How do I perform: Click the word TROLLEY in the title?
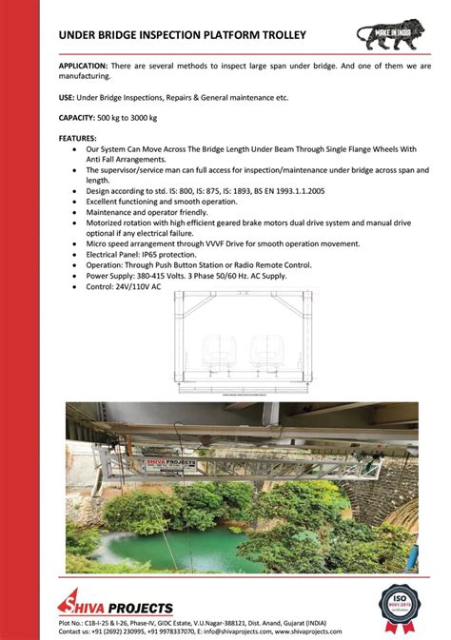(275, 35)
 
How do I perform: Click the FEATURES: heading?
(78, 138)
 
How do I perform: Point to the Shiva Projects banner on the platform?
(172, 464)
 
